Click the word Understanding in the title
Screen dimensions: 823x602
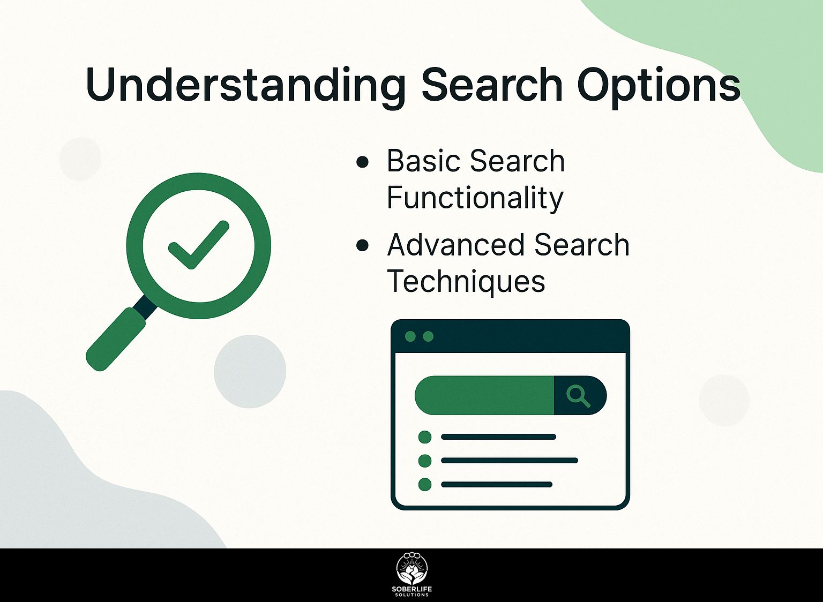[x=245, y=86]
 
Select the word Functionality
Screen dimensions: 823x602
[x=475, y=198]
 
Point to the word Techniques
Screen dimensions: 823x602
[x=466, y=282]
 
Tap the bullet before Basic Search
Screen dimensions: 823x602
[x=362, y=162]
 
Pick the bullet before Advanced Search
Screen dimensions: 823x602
[x=362, y=245]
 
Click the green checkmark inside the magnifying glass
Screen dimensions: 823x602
[x=199, y=245]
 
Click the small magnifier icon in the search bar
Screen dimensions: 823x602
[x=578, y=396]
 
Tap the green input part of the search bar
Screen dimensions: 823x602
[x=484, y=396]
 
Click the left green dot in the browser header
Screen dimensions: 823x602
[x=410, y=336]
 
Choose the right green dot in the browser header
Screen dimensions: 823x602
[x=429, y=336]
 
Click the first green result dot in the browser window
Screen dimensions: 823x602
[x=425, y=437]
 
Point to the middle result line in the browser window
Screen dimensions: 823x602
[x=509, y=461]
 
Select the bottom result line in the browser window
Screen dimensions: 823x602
[x=497, y=485]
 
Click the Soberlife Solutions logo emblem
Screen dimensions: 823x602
[x=412, y=569]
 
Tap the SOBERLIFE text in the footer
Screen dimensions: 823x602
[x=412, y=590]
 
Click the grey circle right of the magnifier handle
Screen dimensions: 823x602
[x=250, y=371]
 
